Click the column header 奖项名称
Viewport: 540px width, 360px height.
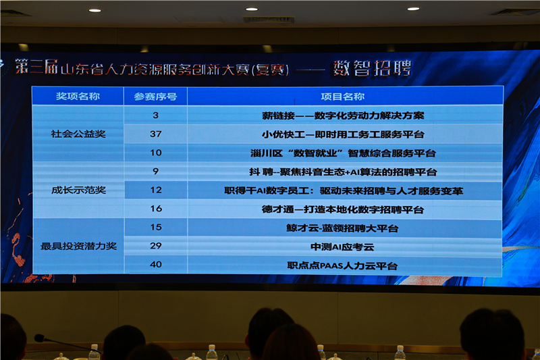point(78,96)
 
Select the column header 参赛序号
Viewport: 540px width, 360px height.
point(155,97)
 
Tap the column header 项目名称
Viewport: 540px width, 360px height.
point(342,97)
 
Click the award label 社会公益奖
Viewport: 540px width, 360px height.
point(78,134)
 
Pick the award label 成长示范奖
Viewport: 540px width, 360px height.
point(78,190)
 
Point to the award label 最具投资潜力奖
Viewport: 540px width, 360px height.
point(78,246)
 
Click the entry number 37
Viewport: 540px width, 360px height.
point(156,134)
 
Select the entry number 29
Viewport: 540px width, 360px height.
point(156,246)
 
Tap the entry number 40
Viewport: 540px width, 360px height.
point(156,264)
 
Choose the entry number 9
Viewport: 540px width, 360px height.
point(156,171)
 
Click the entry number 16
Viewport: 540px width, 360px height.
point(156,209)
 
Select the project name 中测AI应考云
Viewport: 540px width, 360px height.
point(342,247)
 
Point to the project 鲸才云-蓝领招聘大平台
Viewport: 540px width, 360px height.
point(342,228)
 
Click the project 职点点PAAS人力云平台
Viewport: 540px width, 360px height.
point(342,265)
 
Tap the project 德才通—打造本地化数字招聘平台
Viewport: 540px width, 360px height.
point(342,209)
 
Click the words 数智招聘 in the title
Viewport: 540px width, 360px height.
point(373,68)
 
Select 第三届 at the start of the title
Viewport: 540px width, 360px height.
point(36,66)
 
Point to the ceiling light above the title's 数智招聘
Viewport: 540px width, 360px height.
point(413,9)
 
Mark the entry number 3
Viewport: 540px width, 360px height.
point(156,115)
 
